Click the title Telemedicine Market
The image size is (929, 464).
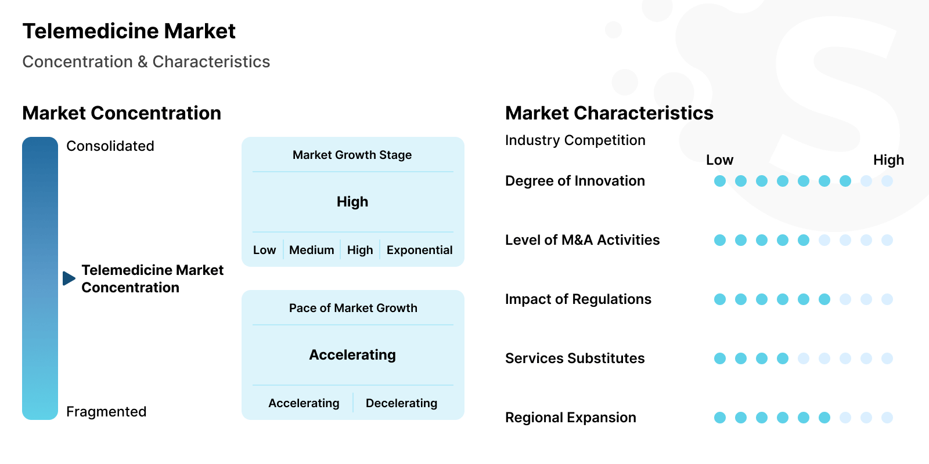(x=129, y=31)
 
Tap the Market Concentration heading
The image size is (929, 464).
(x=121, y=113)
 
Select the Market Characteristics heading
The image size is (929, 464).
(x=609, y=113)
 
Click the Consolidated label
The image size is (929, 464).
(x=110, y=146)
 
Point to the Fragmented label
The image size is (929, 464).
(x=106, y=412)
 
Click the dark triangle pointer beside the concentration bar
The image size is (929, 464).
(x=69, y=278)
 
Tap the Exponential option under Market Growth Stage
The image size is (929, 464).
(x=419, y=250)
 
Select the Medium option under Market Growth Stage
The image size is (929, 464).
(x=311, y=250)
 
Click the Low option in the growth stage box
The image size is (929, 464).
(x=264, y=250)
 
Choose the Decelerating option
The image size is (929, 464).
(x=401, y=403)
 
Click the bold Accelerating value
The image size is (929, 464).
(x=352, y=355)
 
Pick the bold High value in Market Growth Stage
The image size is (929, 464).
(x=352, y=202)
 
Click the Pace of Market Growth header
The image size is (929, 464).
(x=353, y=308)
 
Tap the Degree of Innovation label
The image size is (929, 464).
(x=575, y=181)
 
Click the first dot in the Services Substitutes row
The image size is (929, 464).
(x=720, y=358)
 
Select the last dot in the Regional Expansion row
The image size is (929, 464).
(x=887, y=418)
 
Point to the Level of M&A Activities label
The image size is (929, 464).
(x=582, y=240)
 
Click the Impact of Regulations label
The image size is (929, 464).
(x=578, y=299)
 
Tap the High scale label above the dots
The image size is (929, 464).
(x=888, y=160)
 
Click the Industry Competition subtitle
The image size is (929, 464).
(x=575, y=140)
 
